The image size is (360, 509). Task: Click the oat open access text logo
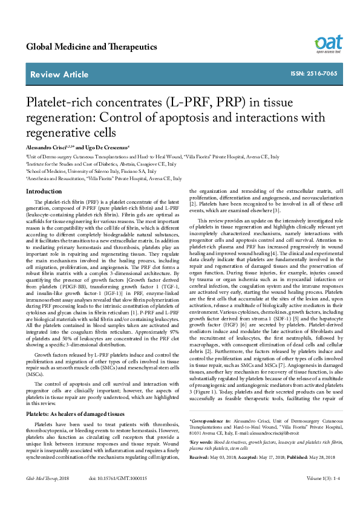[x=327, y=44]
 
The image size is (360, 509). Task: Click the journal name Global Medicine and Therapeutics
[x=91, y=47]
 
